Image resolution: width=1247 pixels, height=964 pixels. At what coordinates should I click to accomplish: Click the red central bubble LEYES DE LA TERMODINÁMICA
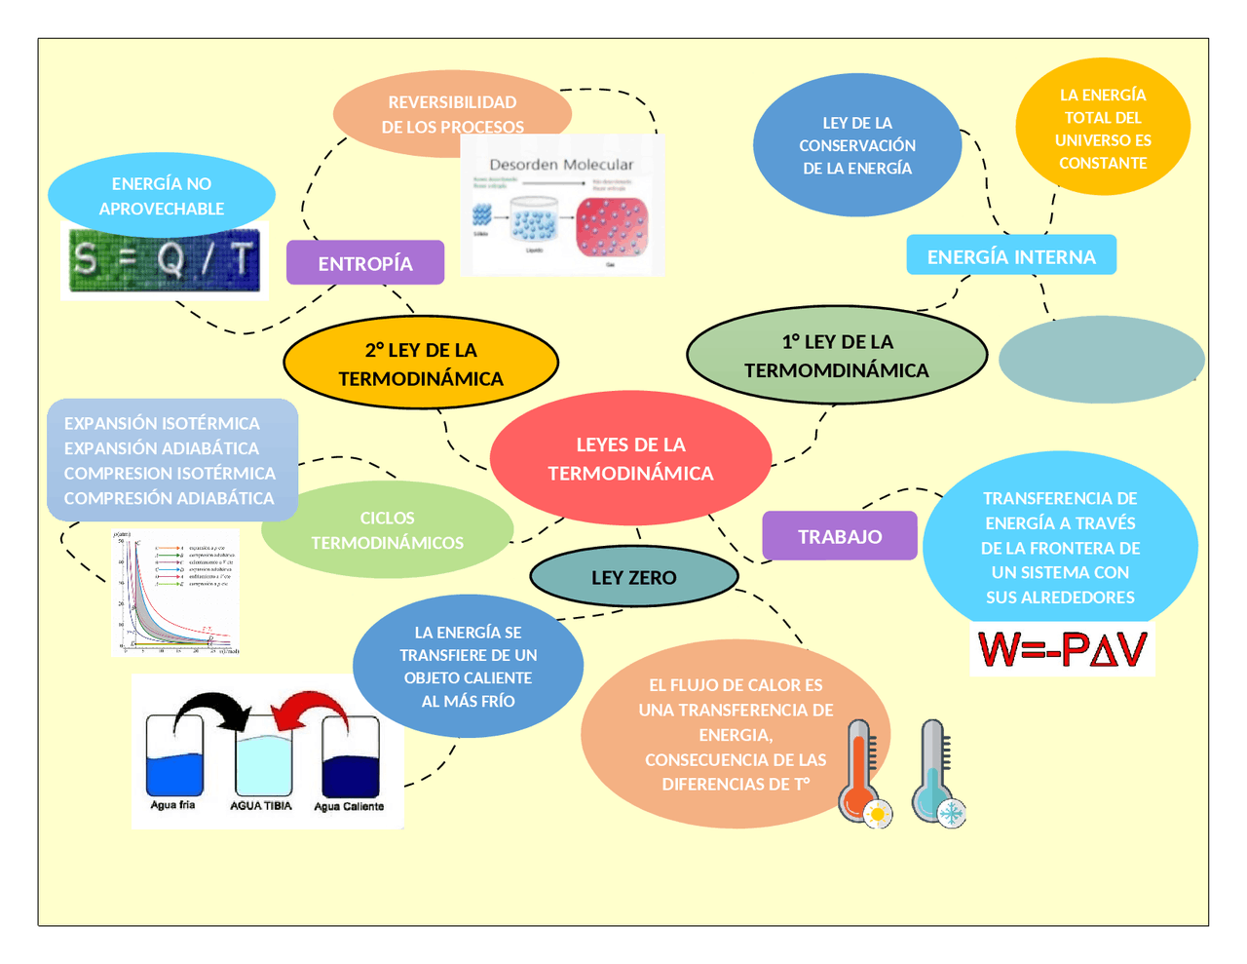click(x=630, y=458)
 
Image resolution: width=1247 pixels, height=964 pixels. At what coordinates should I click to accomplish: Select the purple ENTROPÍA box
click(x=365, y=263)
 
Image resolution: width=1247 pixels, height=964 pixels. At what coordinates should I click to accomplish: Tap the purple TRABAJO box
click(x=840, y=536)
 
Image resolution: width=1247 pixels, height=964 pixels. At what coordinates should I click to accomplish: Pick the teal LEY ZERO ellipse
click(x=633, y=577)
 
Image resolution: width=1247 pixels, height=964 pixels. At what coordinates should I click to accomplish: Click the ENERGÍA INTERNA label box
click(x=1011, y=256)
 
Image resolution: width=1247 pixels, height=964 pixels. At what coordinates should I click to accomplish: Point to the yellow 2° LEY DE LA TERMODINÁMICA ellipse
click(x=421, y=364)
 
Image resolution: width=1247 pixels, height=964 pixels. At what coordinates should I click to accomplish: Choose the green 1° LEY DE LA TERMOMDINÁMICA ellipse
click(x=837, y=356)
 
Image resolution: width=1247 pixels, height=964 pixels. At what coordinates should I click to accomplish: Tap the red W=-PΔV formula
click(x=1062, y=650)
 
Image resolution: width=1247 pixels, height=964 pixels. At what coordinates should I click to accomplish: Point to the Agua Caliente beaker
click(x=350, y=760)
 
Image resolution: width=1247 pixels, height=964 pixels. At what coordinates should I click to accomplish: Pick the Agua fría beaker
click(x=174, y=760)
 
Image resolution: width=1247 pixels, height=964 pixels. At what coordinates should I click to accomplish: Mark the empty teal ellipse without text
click(x=1101, y=360)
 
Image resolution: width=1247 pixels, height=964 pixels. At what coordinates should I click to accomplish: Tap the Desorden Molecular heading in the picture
click(x=561, y=165)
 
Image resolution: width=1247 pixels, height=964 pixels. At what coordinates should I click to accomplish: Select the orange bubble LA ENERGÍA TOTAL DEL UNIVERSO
click(x=1103, y=128)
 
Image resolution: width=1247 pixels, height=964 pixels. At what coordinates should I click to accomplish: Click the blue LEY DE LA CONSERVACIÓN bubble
click(x=857, y=145)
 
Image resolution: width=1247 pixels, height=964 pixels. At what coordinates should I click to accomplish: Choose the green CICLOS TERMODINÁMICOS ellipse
click(x=387, y=530)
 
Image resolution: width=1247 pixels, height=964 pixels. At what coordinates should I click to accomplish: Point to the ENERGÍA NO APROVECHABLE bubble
click(x=161, y=196)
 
